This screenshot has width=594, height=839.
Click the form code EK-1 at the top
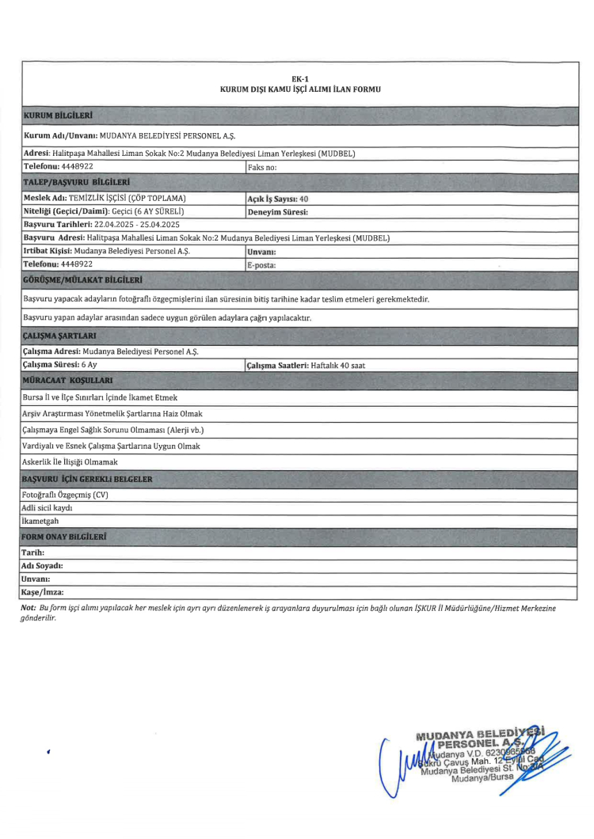299,78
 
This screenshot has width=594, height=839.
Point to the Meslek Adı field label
48,198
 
